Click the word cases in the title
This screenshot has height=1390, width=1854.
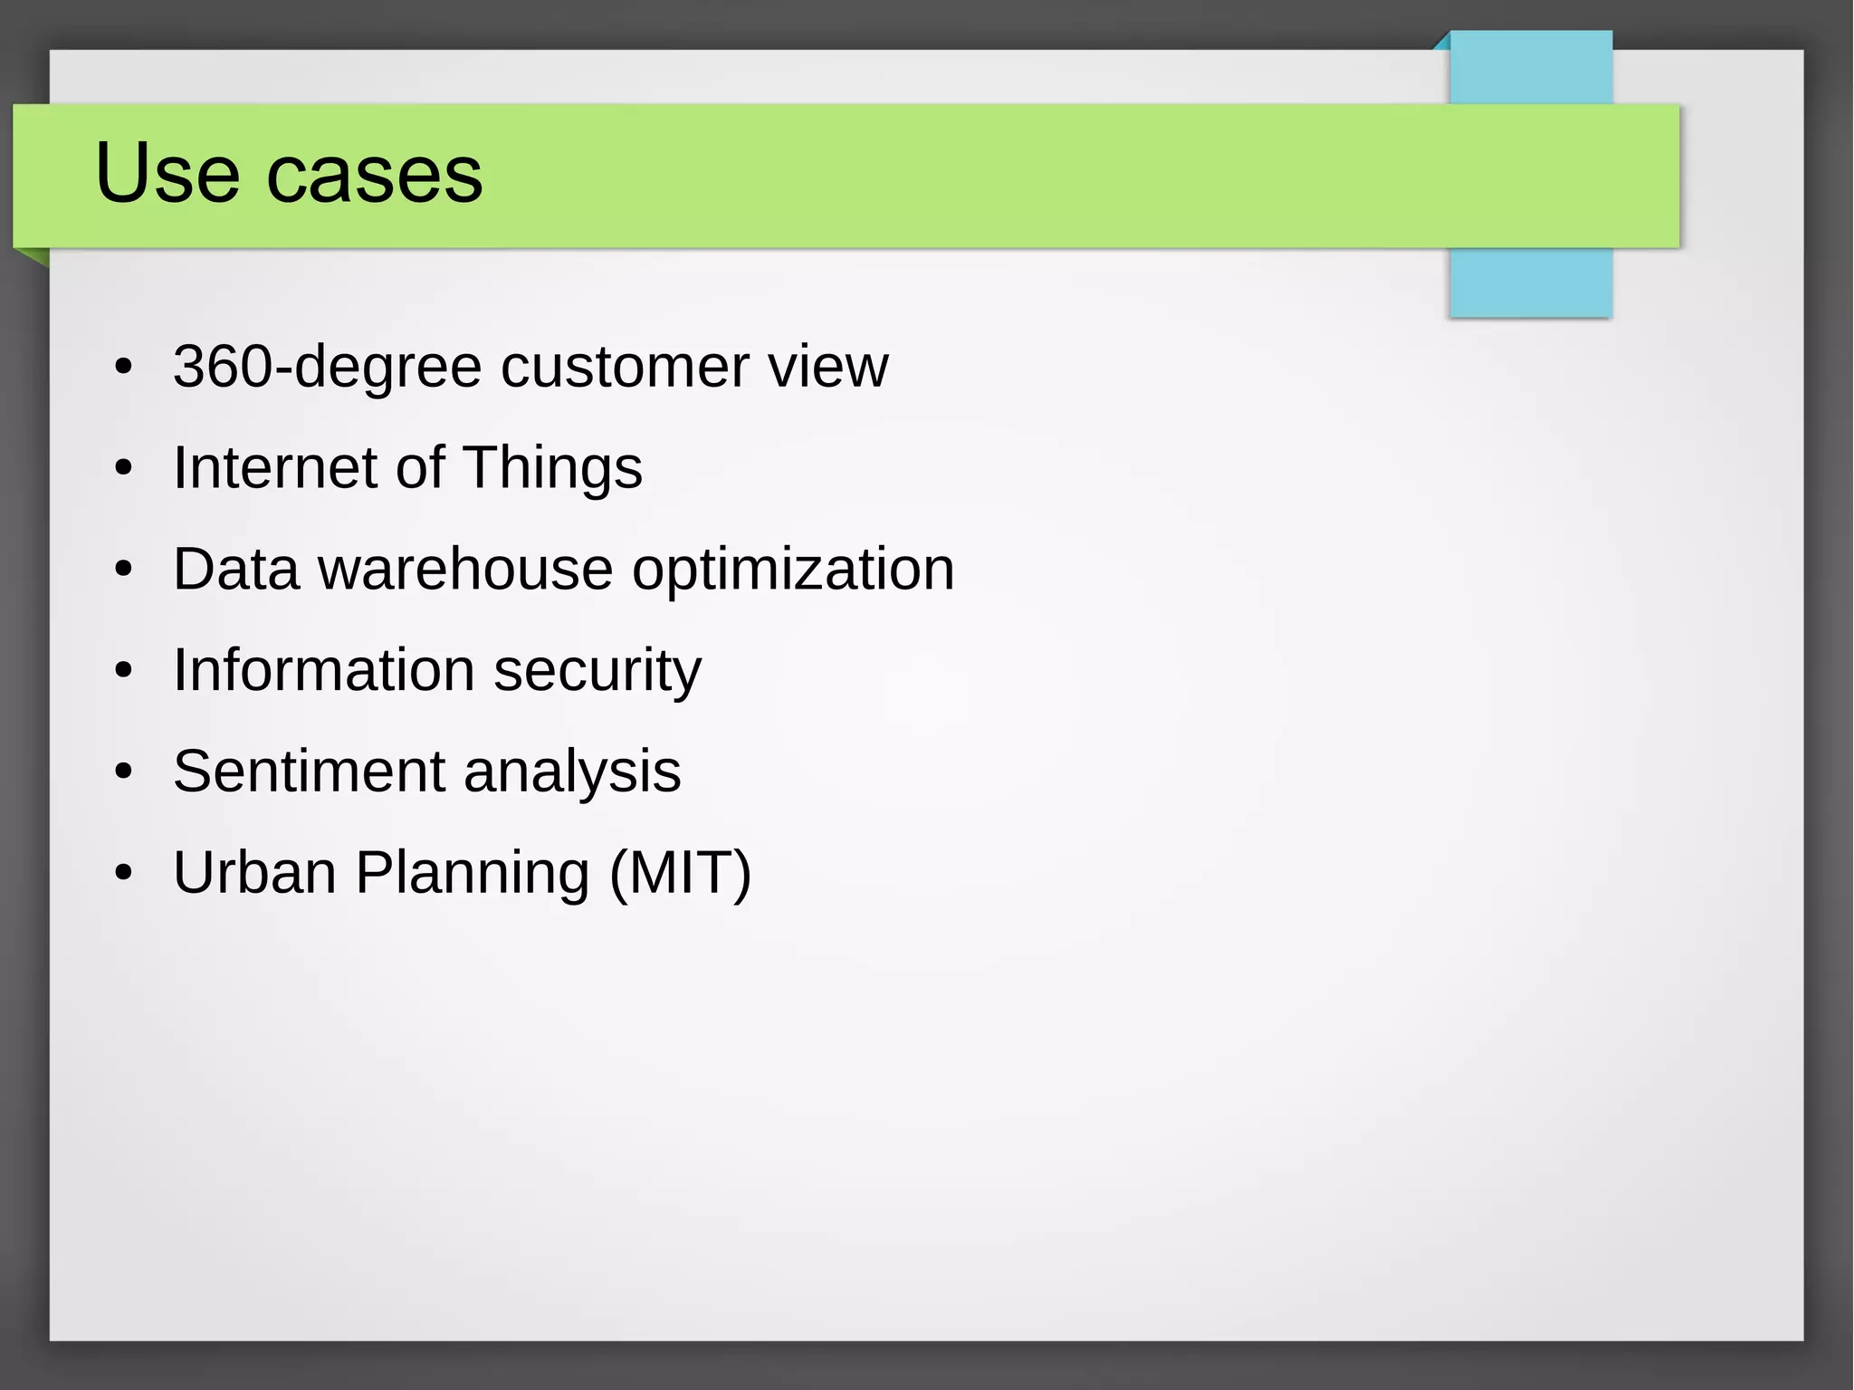[375, 175]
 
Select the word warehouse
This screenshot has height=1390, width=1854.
[465, 570]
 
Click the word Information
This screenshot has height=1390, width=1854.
[324, 670]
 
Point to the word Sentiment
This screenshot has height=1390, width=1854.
[309, 772]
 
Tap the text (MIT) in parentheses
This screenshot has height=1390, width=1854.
[680, 873]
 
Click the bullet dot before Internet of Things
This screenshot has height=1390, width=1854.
[124, 469]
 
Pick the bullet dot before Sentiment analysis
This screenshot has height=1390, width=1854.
[124, 772]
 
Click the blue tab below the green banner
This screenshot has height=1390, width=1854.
[1530, 282]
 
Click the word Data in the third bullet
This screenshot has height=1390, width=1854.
[235, 570]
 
